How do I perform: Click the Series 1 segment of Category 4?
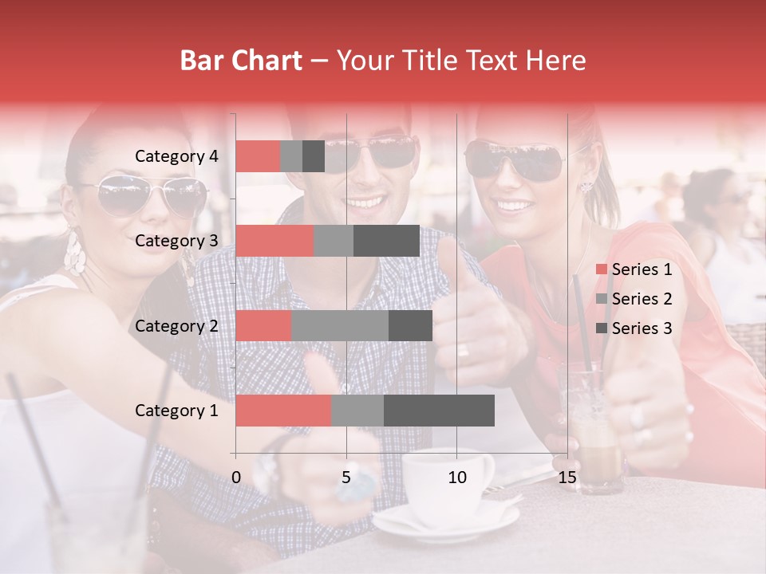(258, 156)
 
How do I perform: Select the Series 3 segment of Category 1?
(439, 411)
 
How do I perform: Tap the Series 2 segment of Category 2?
(339, 325)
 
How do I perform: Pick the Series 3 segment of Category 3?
(386, 241)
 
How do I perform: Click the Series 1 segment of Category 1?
(283, 411)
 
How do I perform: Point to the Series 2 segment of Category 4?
(291, 156)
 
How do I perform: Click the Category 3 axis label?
(176, 241)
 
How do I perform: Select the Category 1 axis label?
(176, 411)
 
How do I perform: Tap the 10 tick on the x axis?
(456, 478)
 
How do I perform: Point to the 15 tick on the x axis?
(567, 478)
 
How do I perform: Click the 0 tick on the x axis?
(236, 478)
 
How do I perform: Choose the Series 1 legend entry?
(634, 269)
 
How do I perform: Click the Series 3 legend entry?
(634, 328)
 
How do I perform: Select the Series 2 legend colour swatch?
(601, 299)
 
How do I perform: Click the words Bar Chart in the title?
(240, 60)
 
